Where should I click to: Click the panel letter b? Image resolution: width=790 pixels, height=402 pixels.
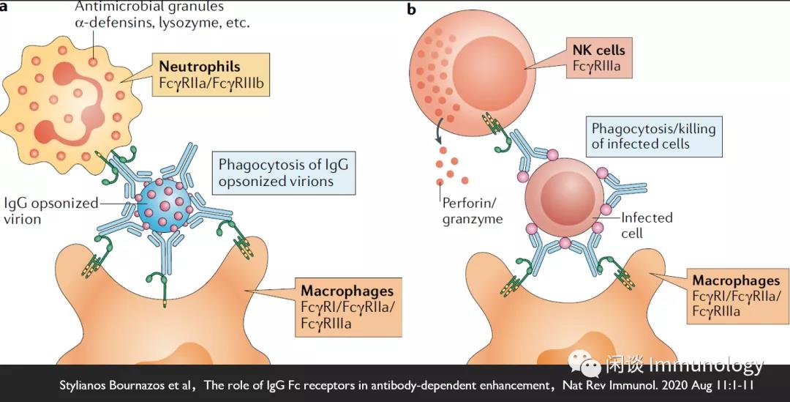point(411,10)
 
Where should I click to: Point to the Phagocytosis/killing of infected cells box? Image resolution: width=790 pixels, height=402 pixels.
point(652,135)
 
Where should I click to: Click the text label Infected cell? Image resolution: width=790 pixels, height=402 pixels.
point(645,226)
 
